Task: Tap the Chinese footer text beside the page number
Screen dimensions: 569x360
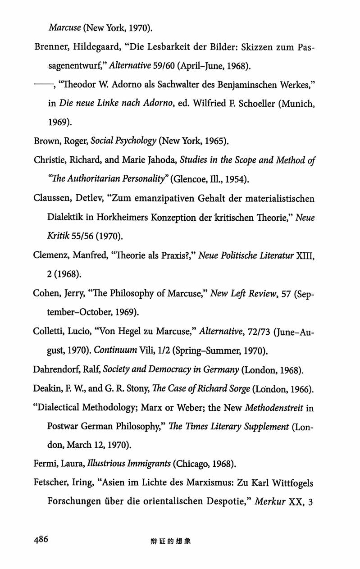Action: (x=171, y=541)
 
